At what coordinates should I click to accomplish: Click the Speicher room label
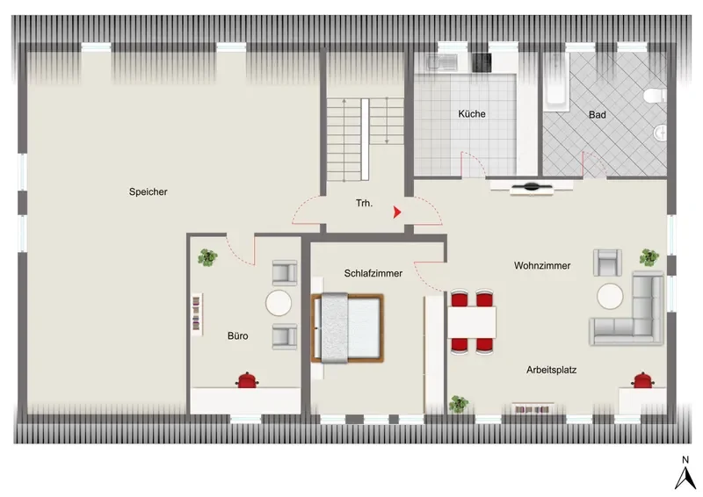pos(148,191)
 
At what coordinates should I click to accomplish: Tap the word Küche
pos(472,114)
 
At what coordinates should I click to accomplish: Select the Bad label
pos(598,115)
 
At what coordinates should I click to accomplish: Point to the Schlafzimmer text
pos(373,273)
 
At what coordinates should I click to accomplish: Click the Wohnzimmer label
pos(542,265)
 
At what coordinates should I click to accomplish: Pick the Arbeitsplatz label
pos(552,370)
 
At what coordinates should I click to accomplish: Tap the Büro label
pos(237,335)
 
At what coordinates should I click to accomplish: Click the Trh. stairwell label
pos(364,203)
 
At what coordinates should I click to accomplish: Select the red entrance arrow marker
pos(397,212)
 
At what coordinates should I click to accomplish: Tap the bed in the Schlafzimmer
pos(348,328)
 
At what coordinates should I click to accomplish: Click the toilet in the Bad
pos(655,96)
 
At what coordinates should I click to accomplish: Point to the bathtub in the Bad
pos(556,82)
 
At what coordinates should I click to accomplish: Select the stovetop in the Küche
pos(482,62)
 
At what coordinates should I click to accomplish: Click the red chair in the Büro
pos(247,380)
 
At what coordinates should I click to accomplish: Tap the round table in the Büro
pos(279,303)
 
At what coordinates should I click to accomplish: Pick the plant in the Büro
pos(207,257)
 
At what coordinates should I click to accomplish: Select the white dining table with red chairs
pos(472,321)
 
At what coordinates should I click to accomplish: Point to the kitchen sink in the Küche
pos(442,62)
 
